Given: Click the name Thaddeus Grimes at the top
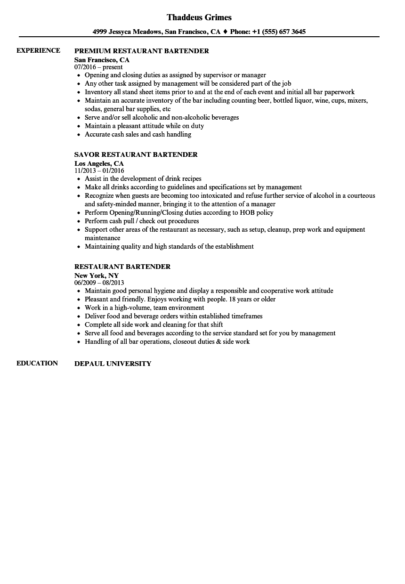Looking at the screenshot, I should pos(199,17).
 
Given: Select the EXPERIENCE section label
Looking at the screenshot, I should pos(38,50).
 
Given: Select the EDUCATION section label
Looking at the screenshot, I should pos(37,363).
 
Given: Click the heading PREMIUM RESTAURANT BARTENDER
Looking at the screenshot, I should pos(142,51).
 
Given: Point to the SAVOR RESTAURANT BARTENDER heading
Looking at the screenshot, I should pos(136,154).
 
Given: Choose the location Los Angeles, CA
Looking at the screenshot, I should pos(99,163).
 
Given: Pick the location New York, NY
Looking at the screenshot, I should pos(97,276).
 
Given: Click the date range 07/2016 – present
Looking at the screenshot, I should pos(98,67).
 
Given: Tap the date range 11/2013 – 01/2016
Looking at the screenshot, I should pos(99,170).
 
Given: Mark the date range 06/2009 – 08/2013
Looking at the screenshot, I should pos(99,283).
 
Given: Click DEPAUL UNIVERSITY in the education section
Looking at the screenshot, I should pos(113,364).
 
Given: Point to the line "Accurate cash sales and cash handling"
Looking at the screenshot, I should pos(138,134).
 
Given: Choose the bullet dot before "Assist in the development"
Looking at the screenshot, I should pos(78,179).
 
